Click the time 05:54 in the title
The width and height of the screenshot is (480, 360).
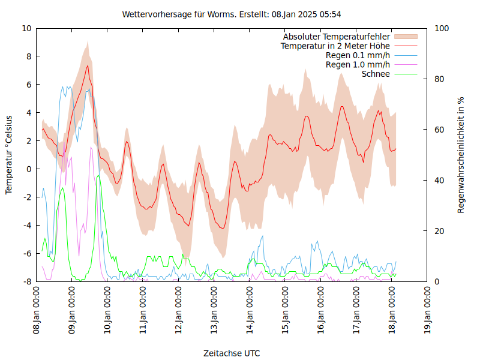pos(330,14)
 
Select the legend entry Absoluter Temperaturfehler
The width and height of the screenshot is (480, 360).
pos(337,37)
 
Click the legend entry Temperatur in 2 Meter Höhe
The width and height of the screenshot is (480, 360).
pos(335,46)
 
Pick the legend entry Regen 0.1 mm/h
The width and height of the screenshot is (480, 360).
pos(358,55)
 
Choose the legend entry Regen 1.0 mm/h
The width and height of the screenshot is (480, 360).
pos(358,64)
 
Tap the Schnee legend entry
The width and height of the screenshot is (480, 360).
pos(376,74)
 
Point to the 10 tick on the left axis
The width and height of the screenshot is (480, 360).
pos(27,28)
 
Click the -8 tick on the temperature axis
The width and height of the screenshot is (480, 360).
pos(27,281)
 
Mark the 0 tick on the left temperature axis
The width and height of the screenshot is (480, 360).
pos(29,169)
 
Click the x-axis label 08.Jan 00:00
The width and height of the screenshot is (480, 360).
pos(37,310)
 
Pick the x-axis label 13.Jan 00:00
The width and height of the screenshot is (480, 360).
pos(214,310)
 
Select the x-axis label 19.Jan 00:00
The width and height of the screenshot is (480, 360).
pos(428,310)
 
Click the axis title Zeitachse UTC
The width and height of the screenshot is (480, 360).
pos(232,353)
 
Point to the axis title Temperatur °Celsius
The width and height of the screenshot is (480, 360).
pos(9,154)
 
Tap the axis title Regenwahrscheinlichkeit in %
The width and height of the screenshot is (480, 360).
pos(461,155)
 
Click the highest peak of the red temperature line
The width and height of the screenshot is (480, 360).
pos(88,65)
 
